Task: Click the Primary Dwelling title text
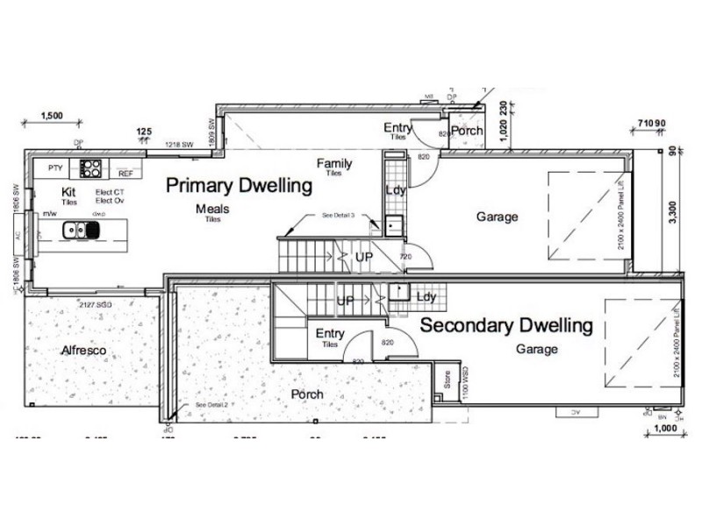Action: click(240, 186)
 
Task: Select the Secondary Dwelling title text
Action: click(506, 326)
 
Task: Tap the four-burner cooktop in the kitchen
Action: click(92, 167)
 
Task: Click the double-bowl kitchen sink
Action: click(81, 231)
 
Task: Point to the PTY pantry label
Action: click(55, 167)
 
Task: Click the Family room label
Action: click(334, 164)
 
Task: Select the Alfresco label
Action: click(83, 351)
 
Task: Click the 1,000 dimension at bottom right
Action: click(665, 430)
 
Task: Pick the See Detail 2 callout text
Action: click(211, 405)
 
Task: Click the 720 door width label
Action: click(405, 257)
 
